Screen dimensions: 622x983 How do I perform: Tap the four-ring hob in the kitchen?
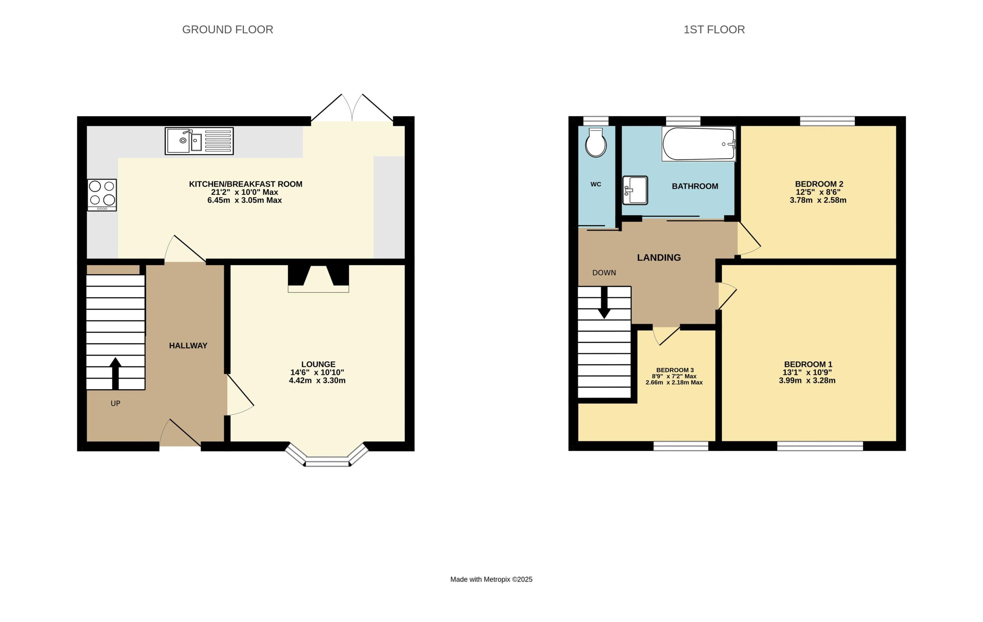coord(102,195)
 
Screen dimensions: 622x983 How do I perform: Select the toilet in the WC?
coord(596,143)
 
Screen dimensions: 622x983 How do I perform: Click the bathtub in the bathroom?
coord(698,144)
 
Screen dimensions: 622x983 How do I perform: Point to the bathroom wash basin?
coord(635,190)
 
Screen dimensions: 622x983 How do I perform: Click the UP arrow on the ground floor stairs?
coord(115,373)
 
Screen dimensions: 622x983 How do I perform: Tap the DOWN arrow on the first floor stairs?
coord(604,303)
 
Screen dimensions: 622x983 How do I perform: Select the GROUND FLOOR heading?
coord(227,30)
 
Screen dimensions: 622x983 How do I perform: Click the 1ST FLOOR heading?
coord(714,30)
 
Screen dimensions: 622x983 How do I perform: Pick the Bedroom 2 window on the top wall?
coord(827,121)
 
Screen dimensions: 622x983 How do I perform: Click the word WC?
coord(596,184)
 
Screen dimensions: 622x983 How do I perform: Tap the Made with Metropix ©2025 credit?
coord(491,579)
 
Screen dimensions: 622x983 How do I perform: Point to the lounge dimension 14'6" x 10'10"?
coord(317,372)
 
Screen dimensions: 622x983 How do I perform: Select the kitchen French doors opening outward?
coord(352,108)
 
